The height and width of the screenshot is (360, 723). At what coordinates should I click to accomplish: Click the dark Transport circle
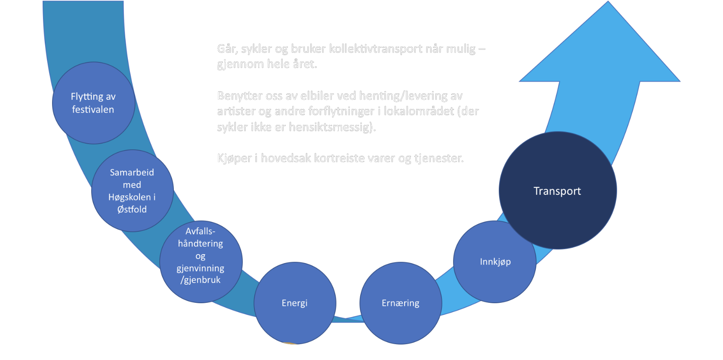click(x=557, y=191)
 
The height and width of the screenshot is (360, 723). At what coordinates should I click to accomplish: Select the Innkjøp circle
click(x=495, y=262)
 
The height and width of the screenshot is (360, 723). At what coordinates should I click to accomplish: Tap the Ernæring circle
click(x=400, y=303)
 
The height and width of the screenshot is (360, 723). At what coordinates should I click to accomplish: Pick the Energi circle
click(x=295, y=303)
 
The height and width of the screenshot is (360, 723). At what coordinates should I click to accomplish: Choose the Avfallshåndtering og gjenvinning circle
click(x=201, y=262)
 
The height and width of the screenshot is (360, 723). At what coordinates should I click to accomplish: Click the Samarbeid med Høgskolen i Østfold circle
click(x=132, y=191)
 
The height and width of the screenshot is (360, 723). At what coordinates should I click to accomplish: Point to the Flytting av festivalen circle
click(x=93, y=103)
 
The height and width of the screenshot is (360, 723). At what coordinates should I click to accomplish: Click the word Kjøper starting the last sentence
click(x=234, y=158)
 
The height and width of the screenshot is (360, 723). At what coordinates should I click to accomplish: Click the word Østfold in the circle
click(x=132, y=209)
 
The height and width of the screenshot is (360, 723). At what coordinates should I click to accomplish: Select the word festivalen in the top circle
click(x=93, y=110)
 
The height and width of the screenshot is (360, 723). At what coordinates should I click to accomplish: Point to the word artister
click(x=236, y=111)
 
